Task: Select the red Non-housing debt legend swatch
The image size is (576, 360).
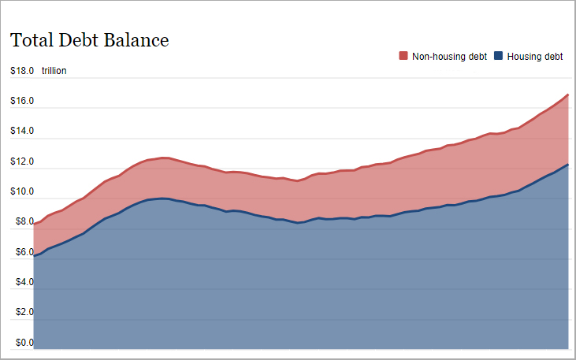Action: (403, 56)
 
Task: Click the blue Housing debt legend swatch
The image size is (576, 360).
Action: (499, 56)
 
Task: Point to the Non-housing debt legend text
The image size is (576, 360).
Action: (449, 57)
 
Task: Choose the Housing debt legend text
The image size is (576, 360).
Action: (535, 57)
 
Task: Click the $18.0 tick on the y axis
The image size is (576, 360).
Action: (21, 71)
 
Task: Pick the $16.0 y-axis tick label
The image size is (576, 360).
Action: (21, 101)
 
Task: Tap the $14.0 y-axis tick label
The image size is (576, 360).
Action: (21, 131)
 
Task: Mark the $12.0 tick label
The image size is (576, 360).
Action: (21, 161)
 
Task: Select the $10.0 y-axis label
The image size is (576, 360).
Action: (21, 191)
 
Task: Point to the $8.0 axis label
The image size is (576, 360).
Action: (21, 222)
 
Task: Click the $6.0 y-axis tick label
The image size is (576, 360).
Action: (21, 252)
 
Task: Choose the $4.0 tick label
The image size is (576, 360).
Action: (21, 282)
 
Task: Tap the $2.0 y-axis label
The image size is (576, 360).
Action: (21, 313)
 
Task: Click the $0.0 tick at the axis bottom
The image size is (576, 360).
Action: (21, 343)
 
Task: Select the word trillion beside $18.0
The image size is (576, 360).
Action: (54, 71)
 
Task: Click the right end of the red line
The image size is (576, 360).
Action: (567, 95)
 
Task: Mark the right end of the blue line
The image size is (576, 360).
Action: (567, 165)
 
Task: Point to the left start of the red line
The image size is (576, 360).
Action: (34, 225)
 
